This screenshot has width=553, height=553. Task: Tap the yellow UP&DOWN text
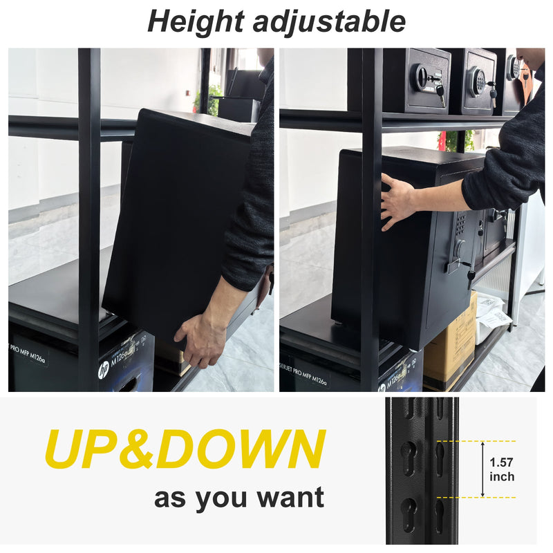185,450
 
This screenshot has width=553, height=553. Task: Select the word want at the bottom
288,498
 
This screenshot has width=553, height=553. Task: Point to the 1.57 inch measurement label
501,469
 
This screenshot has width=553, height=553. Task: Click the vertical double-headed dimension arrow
482,469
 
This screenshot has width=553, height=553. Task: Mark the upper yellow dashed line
477,441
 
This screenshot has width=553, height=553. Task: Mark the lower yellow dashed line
477,497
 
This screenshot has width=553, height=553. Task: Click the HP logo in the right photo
382,387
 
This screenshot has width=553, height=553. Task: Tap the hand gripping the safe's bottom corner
200,338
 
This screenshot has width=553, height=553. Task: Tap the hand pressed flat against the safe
397,200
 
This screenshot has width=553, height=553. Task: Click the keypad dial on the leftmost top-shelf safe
422,77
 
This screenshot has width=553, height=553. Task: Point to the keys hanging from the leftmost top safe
440,94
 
